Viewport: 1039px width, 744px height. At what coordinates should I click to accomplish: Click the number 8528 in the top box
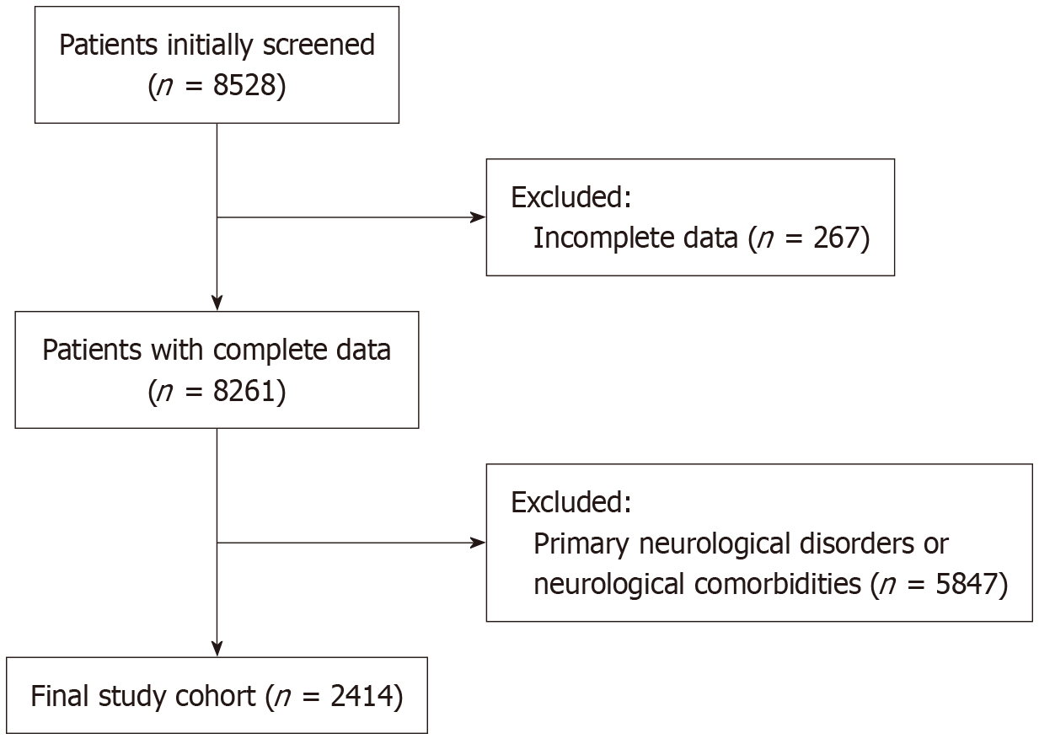[x=245, y=85]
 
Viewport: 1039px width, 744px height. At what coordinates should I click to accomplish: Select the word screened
[x=319, y=45]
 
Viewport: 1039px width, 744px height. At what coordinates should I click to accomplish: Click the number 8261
[x=245, y=391]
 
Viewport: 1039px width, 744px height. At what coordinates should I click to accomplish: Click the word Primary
[x=581, y=544]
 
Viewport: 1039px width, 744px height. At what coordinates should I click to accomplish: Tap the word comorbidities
[x=778, y=583]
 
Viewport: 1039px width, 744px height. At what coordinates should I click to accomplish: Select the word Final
[x=59, y=696]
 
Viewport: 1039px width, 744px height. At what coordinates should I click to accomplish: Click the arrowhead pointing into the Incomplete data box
[x=479, y=217]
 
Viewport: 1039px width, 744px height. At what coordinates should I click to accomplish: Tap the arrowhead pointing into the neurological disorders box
[x=479, y=543]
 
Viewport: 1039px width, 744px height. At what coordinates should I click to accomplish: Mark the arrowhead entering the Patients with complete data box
[x=217, y=302]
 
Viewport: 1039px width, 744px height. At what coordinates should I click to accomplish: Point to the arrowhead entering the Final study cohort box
[x=217, y=649]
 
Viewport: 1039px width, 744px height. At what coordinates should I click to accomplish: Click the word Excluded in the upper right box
[x=571, y=198]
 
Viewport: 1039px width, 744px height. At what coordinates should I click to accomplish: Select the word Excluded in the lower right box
[x=571, y=502]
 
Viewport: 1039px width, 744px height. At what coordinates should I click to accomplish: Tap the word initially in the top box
[x=209, y=45]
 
